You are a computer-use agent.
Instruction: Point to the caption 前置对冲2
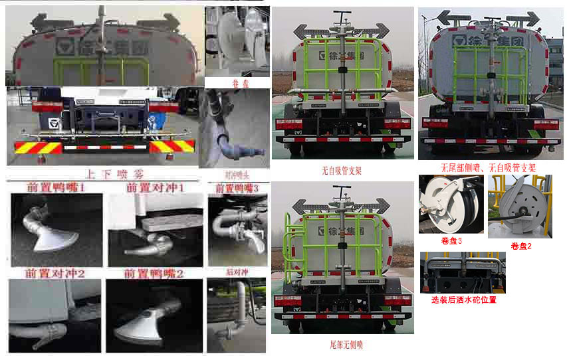(x=55, y=273)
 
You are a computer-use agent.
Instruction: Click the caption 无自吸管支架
(x=341, y=171)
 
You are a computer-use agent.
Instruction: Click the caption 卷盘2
(x=521, y=246)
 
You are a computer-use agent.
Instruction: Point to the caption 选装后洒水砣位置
(x=463, y=300)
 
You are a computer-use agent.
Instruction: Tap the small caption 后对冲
(x=236, y=272)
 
